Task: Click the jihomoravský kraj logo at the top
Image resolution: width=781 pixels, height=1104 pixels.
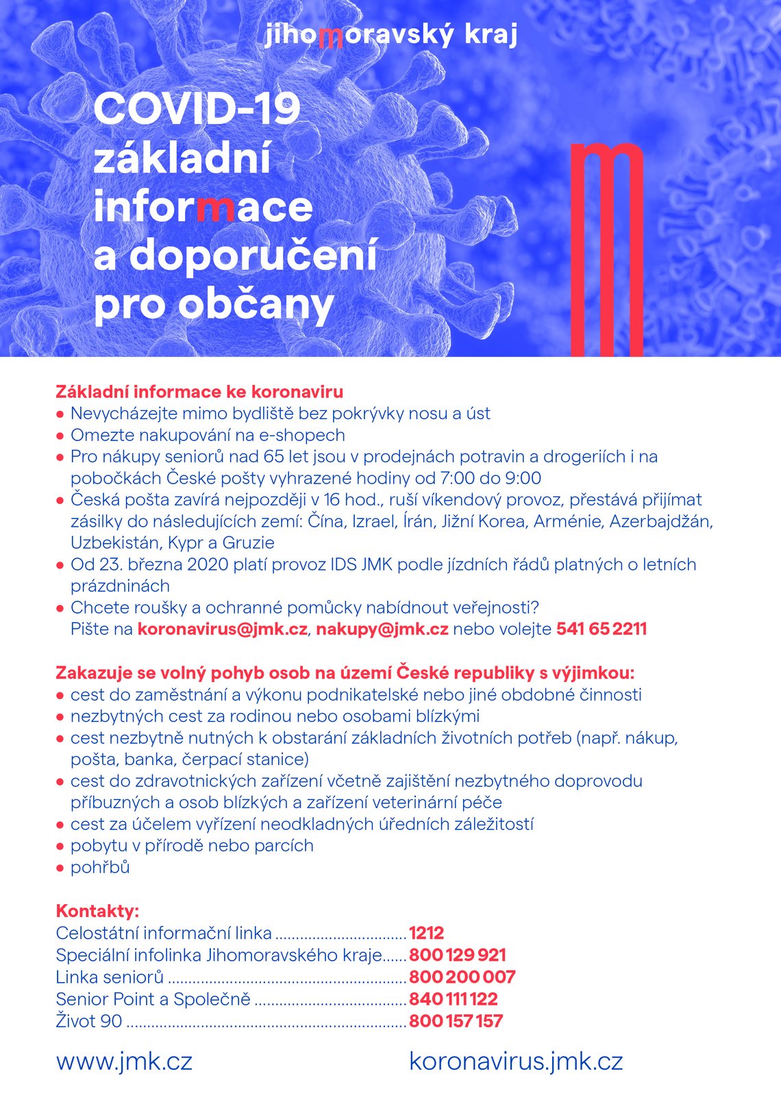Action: tap(390, 35)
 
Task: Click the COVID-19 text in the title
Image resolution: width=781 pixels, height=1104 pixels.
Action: tap(197, 109)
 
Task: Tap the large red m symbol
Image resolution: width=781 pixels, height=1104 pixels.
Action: tap(607, 250)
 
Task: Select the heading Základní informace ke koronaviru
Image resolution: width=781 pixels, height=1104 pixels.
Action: tap(199, 392)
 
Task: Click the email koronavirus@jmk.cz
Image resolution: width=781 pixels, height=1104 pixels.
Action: tap(223, 629)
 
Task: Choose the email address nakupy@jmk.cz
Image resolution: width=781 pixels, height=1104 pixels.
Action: tap(382, 629)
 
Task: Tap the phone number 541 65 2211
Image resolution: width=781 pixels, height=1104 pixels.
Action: tap(602, 629)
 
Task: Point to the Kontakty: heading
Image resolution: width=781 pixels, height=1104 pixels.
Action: tap(97, 911)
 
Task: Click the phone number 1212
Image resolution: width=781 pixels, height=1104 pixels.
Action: tap(426, 933)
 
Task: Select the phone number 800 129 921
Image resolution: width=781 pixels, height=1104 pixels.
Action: tap(458, 955)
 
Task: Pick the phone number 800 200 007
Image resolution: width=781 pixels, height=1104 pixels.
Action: tap(462, 977)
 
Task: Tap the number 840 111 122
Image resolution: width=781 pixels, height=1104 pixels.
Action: tap(454, 999)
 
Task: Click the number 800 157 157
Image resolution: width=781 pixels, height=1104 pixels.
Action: tap(456, 1020)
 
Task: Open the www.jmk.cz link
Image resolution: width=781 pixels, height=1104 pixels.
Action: tap(124, 1061)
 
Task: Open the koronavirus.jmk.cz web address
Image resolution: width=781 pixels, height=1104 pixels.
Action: tap(516, 1061)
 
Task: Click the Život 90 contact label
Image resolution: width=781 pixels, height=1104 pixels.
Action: tap(89, 1020)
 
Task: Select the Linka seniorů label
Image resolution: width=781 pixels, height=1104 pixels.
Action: tap(110, 977)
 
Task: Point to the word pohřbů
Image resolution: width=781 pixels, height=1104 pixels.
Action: tap(100, 867)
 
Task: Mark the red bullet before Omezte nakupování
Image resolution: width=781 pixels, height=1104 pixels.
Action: tap(60, 436)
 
